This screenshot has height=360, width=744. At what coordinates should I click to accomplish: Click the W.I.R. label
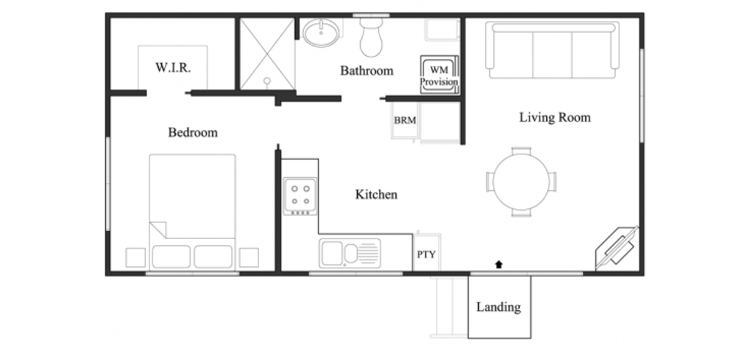173,68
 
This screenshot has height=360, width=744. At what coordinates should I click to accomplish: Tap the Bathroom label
366,71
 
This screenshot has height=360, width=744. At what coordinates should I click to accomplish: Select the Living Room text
555,117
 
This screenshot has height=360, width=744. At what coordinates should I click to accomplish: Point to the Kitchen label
376,195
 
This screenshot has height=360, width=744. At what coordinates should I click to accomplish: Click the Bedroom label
193,133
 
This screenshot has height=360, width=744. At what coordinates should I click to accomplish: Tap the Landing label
498,307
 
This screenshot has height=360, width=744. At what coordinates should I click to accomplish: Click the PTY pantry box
425,253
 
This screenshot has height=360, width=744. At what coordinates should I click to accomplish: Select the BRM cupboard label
405,120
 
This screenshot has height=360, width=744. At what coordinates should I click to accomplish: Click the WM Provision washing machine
439,76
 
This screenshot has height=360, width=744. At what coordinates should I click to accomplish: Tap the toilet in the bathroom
371,38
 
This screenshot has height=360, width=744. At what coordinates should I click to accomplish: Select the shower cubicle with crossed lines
267,53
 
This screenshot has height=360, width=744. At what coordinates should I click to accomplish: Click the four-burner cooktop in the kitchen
300,195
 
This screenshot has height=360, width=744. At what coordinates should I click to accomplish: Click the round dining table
521,182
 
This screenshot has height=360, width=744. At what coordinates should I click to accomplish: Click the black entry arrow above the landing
498,265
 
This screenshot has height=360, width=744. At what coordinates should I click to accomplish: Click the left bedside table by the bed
135,257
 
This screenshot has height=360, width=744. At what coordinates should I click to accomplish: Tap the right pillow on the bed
213,257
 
